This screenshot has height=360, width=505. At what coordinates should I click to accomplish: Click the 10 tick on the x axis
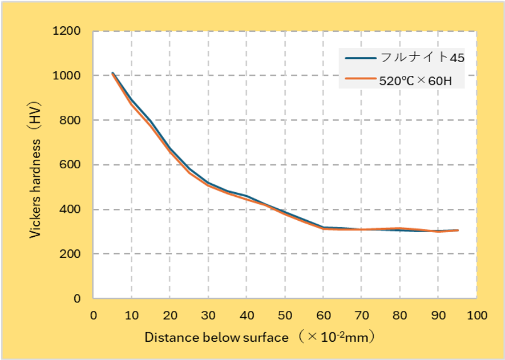click(x=132, y=315)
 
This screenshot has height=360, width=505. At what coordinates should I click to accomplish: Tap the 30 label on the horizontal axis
click(x=208, y=315)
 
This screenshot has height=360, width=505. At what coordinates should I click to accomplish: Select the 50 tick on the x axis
click(x=285, y=315)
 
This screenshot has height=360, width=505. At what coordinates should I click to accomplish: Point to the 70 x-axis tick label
click(x=361, y=315)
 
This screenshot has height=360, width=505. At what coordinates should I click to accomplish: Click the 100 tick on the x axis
click(x=475, y=315)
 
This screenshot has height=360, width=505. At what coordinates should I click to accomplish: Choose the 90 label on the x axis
click(x=438, y=315)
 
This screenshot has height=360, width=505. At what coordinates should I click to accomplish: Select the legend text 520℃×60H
click(x=415, y=81)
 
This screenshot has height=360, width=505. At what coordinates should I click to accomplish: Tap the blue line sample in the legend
click(x=360, y=58)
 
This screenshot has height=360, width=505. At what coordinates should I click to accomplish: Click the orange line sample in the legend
click(x=360, y=81)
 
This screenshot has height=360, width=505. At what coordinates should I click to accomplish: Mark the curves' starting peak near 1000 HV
click(x=113, y=73)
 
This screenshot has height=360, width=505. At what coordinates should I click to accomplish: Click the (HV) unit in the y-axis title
click(x=35, y=118)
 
